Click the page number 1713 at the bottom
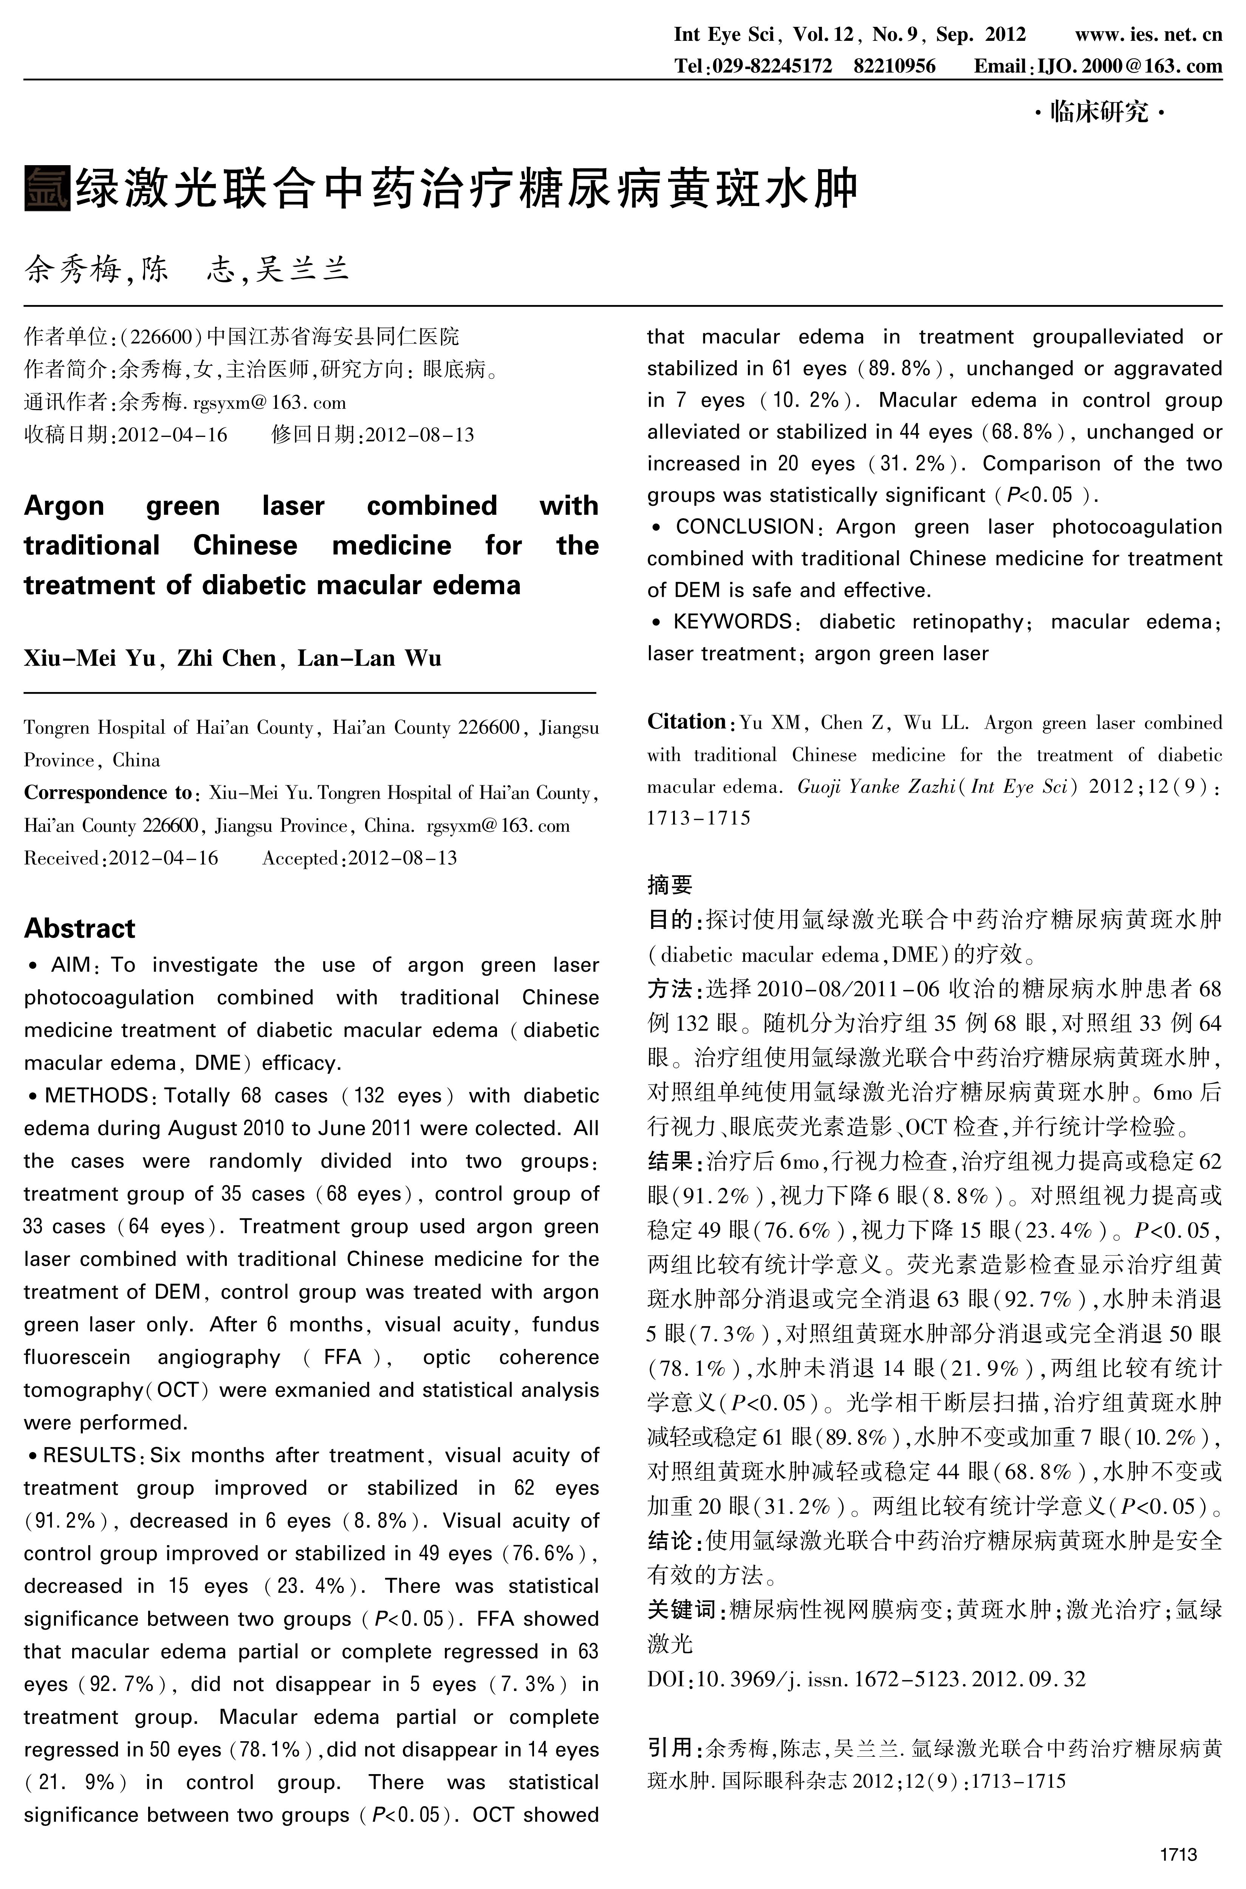pos(1178,1854)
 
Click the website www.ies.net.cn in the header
pos(1148,35)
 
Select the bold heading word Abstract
pos(79,928)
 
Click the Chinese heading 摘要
pos(670,884)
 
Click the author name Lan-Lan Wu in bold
pos(370,658)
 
